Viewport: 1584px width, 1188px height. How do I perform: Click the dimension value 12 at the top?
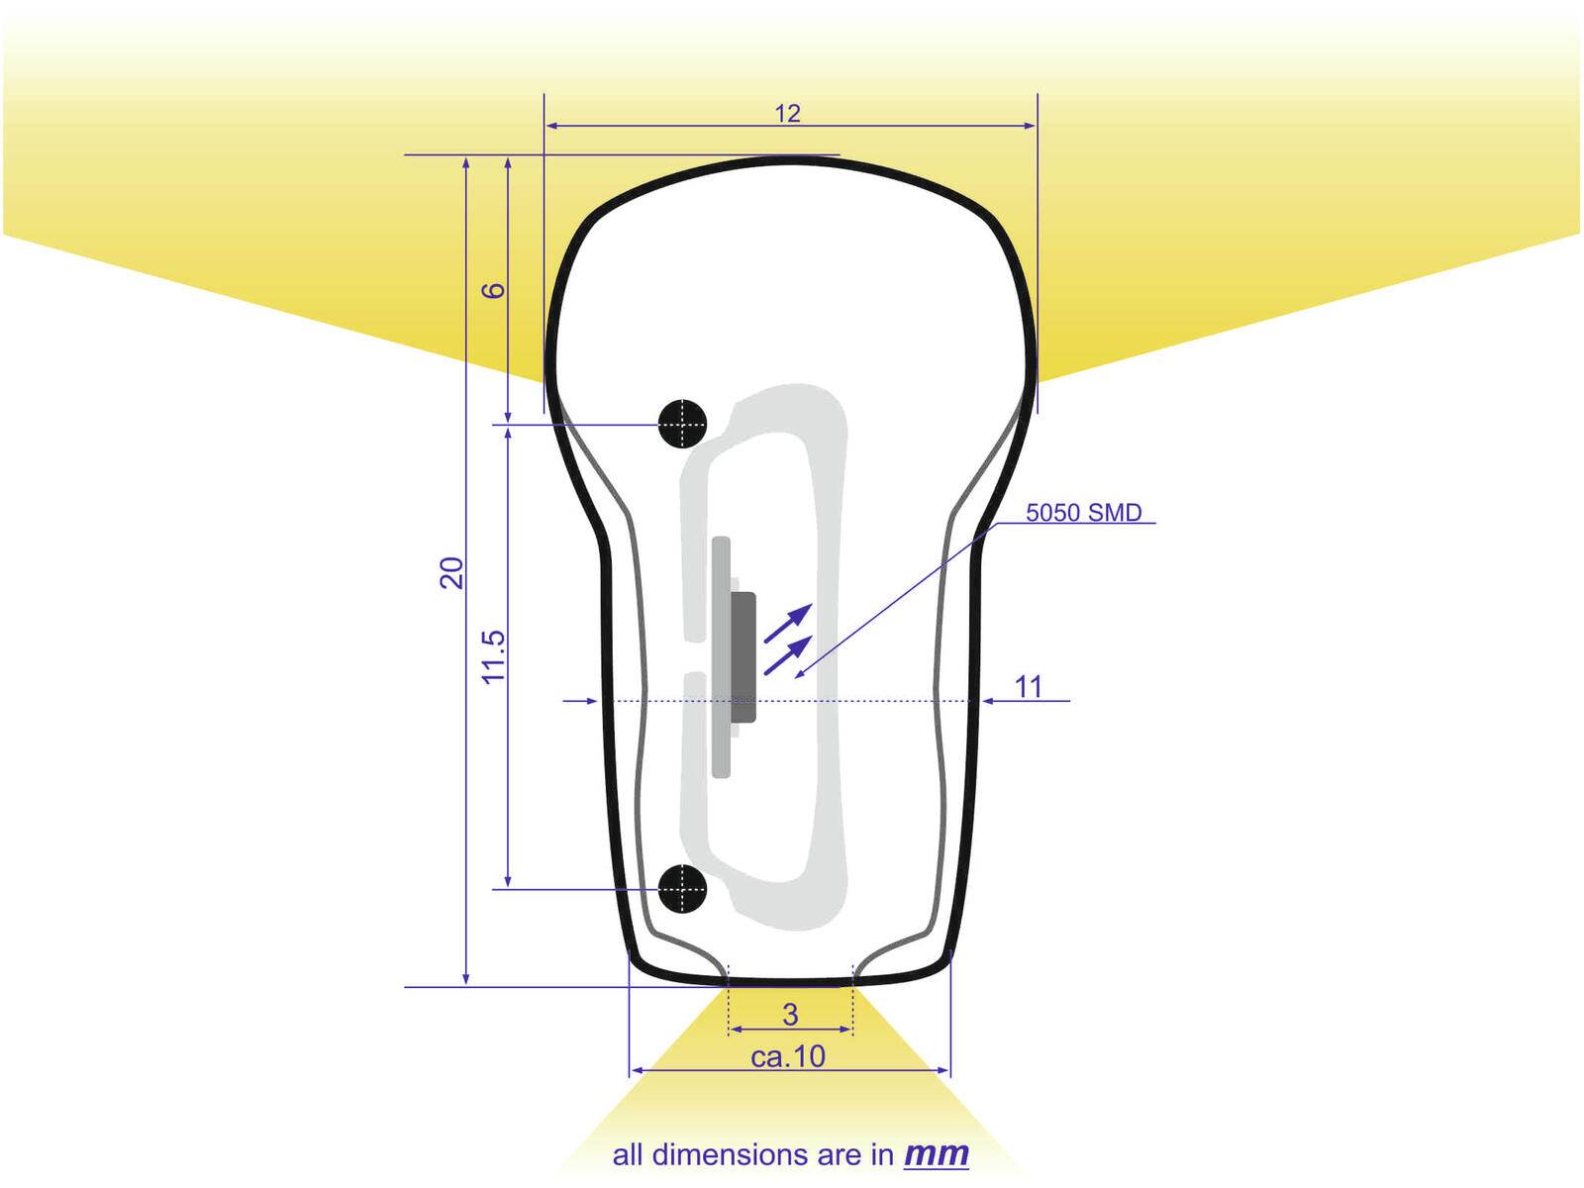pos(787,114)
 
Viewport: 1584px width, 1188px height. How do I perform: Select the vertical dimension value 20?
pos(451,572)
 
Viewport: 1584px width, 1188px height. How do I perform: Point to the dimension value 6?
pos(493,290)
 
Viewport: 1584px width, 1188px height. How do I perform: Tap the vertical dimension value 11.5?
pos(493,656)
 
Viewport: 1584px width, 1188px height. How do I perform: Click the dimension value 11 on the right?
pos(1029,686)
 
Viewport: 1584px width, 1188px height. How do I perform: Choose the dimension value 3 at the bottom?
pos(790,1014)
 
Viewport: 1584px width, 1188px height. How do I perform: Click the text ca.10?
pos(788,1057)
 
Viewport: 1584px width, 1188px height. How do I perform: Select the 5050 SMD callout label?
pos(1083,513)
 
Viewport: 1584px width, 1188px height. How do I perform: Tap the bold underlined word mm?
pos(937,1154)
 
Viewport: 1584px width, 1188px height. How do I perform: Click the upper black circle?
pos(682,424)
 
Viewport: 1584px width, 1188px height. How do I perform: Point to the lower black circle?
pos(682,888)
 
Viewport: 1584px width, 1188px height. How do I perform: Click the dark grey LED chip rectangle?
pos(743,656)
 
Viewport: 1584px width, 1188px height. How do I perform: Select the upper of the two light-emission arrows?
pos(789,622)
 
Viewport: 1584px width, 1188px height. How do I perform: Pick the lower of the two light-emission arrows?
pos(789,654)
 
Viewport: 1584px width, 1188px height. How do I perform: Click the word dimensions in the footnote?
pos(731,1155)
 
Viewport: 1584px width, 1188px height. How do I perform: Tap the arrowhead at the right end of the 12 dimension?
pos(1031,126)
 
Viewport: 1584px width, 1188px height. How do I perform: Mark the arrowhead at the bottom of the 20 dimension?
pos(466,979)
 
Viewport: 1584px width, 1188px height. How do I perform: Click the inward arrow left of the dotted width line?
pos(584,701)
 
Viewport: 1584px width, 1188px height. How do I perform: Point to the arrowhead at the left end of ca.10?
pos(637,1070)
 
